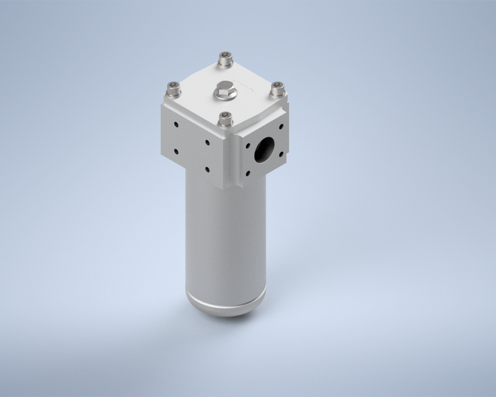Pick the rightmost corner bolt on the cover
coord(277,87)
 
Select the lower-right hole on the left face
coord(208,167)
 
